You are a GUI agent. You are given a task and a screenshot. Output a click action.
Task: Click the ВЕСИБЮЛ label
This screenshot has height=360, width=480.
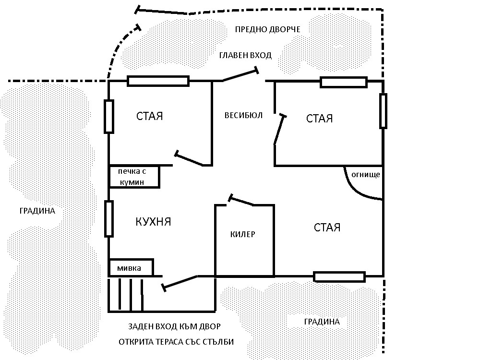(x=243, y=115)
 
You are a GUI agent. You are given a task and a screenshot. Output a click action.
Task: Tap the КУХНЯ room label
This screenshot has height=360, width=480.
(x=153, y=222)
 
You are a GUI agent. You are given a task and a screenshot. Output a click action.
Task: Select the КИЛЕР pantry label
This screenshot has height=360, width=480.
(x=243, y=234)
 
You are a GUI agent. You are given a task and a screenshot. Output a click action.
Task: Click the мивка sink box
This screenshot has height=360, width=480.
(x=131, y=267)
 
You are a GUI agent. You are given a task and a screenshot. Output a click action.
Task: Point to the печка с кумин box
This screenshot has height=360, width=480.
(x=134, y=177)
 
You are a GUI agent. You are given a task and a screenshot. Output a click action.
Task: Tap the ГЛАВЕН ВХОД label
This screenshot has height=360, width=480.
(x=245, y=55)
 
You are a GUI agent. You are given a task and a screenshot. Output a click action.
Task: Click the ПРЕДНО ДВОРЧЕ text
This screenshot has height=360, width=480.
(x=267, y=29)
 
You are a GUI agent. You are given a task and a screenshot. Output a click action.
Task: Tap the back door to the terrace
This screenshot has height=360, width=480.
(x=179, y=283)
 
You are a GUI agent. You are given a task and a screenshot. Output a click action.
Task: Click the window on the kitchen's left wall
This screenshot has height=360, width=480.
(x=109, y=219)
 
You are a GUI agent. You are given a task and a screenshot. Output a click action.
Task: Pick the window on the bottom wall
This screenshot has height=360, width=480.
(x=339, y=277)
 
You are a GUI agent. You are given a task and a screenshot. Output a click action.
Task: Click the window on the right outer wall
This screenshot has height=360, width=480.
(x=383, y=111)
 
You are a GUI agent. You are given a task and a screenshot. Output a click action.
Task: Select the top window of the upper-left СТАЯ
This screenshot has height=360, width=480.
(x=158, y=81)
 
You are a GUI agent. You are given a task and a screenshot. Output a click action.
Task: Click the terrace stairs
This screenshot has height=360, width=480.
(x=125, y=295)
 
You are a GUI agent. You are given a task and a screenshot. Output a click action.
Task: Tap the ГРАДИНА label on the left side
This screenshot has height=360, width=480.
(x=37, y=211)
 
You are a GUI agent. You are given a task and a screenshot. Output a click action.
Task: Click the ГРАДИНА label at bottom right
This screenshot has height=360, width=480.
(x=322, y=322)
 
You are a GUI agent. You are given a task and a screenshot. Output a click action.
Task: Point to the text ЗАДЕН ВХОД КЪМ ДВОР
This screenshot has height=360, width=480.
(x=174, y=326)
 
